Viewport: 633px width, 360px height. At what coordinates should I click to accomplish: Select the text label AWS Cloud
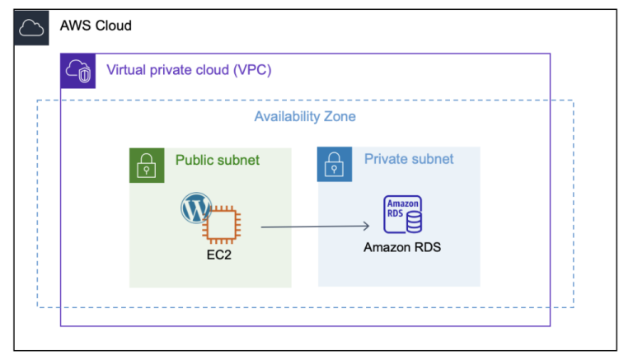coord(96,26)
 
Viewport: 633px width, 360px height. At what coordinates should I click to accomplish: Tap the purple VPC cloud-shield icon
coord(78,72)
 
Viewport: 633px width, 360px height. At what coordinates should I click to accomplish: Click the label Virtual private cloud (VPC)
coord(189,70)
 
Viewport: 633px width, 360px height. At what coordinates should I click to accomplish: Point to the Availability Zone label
coord(305,116)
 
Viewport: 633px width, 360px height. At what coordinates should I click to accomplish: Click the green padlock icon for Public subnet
coord(147,166)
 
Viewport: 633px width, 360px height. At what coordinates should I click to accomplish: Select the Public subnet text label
coord(217,160)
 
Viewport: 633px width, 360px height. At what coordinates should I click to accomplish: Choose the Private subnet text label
coord(409,159)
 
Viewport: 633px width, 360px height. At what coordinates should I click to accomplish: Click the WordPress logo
coord(195,208)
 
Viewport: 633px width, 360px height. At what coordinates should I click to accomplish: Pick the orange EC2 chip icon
coord(223,224)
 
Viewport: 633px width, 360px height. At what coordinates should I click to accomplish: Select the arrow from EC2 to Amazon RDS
coord(313,226)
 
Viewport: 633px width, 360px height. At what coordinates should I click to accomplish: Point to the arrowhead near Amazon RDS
coord(364,226)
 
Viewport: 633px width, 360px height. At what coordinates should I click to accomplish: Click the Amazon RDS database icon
coord(402,215)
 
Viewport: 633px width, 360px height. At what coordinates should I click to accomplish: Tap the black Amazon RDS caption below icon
coord(402,247)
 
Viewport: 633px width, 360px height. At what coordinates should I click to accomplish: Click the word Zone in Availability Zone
coord(339,116)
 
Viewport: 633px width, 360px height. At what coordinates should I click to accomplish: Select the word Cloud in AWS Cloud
coord(112,26)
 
